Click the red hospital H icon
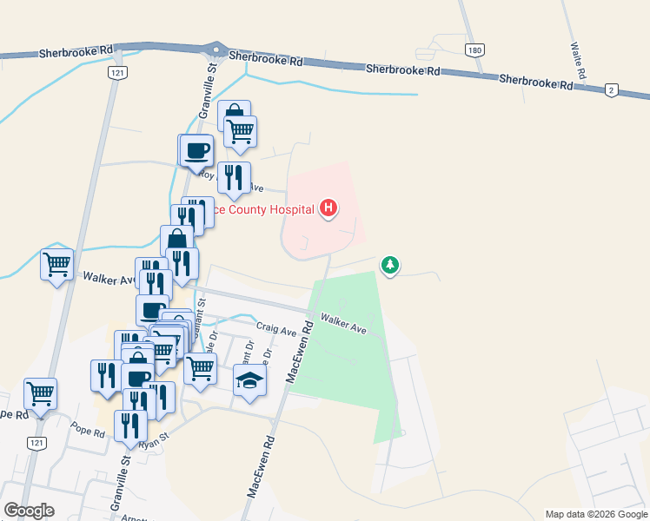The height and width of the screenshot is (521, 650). point(328,208)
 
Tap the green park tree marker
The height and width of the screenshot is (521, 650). point(390,264)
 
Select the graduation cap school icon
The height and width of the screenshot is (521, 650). point(249,379)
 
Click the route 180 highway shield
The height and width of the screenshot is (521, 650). point(474,50)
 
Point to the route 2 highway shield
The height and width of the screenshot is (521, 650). point(612,89)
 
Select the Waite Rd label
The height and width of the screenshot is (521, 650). point(576,58)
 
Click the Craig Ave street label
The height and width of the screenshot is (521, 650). point(277,329)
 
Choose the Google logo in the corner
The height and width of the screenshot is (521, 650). point(29,511)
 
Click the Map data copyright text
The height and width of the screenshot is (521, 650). point(596,514)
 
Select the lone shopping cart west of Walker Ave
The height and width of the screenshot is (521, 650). point(56,262)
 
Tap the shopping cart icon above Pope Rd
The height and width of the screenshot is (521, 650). point(40,392)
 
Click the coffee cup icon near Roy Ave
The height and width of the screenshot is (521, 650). point(196,150)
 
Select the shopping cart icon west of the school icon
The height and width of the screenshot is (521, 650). point(201,368)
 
